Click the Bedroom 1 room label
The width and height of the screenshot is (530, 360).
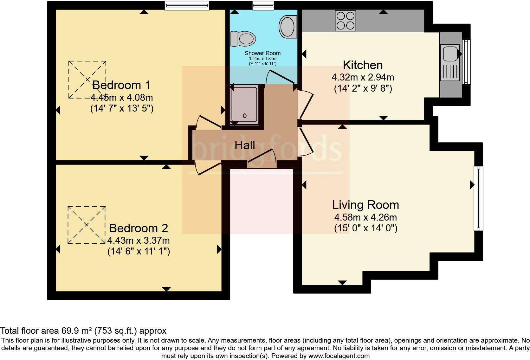(121, 85)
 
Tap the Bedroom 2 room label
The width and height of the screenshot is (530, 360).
(139, 228)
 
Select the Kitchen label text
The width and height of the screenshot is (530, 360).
(363, 65)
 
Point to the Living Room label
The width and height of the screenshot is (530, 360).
(365, 205)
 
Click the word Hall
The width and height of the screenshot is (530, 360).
(244, 145)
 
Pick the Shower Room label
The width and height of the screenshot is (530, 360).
(262, 53)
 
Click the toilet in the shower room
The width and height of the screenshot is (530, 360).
(243, 39)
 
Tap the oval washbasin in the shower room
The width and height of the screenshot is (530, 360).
(288, 27)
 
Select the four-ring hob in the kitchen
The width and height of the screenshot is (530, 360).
(345, 21)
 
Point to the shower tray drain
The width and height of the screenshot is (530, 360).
(245, 116)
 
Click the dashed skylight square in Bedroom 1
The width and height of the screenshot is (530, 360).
(87, 80)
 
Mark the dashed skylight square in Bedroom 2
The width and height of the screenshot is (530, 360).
(87, 225)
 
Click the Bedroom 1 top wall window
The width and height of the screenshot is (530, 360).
(187, 5)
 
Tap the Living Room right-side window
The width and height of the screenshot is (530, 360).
(478, 198)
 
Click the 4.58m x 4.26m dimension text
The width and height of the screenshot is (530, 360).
(365, 217)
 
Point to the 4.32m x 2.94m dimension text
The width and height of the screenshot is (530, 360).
(363, 77)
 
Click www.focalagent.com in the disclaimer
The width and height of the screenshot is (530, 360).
(339, 356)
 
